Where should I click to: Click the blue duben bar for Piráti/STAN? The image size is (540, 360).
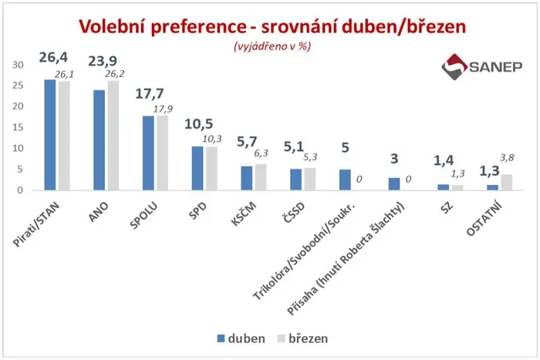[50, 135]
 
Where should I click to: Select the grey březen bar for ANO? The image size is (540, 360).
[113, 135]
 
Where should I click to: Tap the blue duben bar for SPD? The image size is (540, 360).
[197, 168]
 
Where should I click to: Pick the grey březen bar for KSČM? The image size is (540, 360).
[261, 177]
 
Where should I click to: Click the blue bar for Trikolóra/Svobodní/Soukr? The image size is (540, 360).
[345, 180]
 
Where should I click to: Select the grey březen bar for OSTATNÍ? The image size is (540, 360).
[507, 183]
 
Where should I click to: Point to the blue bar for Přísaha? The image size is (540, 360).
[394, 184]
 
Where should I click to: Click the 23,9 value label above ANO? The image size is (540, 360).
[103, 61]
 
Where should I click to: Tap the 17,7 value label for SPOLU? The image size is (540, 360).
[150, 93]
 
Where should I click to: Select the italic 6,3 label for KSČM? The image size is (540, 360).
[261, 153]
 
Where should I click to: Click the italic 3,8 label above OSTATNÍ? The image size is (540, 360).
[507, 158]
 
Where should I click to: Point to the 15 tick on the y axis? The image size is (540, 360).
[18, 127]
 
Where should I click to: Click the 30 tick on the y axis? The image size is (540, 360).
[18, 65]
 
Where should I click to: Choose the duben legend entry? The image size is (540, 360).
[241, 338]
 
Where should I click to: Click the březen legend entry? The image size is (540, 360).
[302, 338]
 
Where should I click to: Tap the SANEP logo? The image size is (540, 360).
[482, 67]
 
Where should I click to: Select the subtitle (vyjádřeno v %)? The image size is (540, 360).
[272, 46]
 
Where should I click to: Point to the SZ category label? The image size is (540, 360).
[447, 207]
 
